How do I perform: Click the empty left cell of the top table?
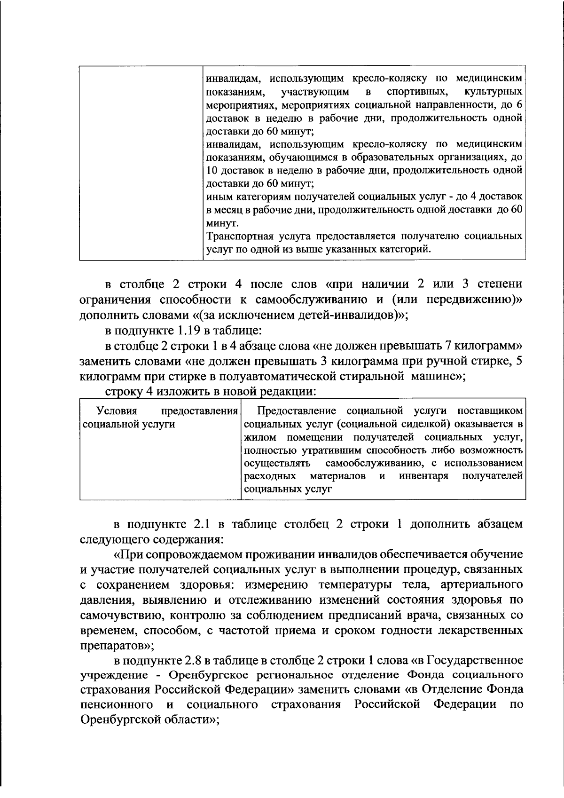pos(141,162)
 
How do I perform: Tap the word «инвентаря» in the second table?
pos(423,476)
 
